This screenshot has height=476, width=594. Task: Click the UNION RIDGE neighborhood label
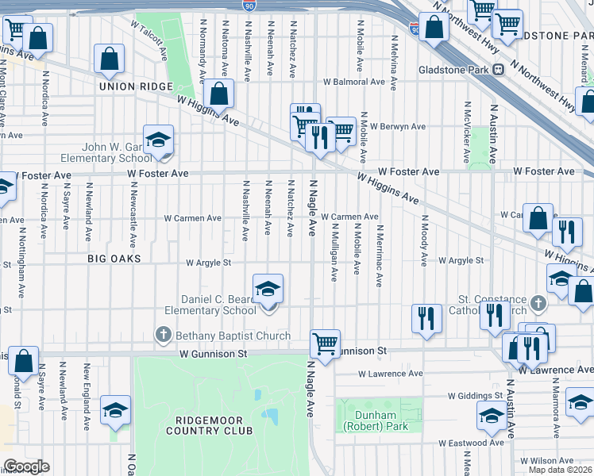pyautogui.click(x=125, y=86)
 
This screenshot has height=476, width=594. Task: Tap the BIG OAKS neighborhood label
pyautogui.click(x=114, y=259)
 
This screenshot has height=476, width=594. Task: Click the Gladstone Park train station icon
pyautogui.click(x=498, y=69)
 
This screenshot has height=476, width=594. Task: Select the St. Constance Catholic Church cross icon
pyautogui.click(x=538, y=303)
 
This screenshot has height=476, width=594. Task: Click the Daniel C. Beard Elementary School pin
pyautogui.click(x=268, y=290)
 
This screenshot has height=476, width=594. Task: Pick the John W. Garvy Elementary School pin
pyautogui.click(x=159, y=140)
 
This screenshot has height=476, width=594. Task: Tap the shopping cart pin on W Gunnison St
pyautogui.click(x=325, y=344)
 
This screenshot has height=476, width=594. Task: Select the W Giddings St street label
pyautogui.click(x=475, y=394)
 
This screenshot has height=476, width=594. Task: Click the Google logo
pyautogui.click(x=25, y=466)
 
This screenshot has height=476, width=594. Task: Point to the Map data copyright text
pyautogui.click(x=559, y=470)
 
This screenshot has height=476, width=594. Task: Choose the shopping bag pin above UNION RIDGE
pyautogui.click(x=109, y=59)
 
